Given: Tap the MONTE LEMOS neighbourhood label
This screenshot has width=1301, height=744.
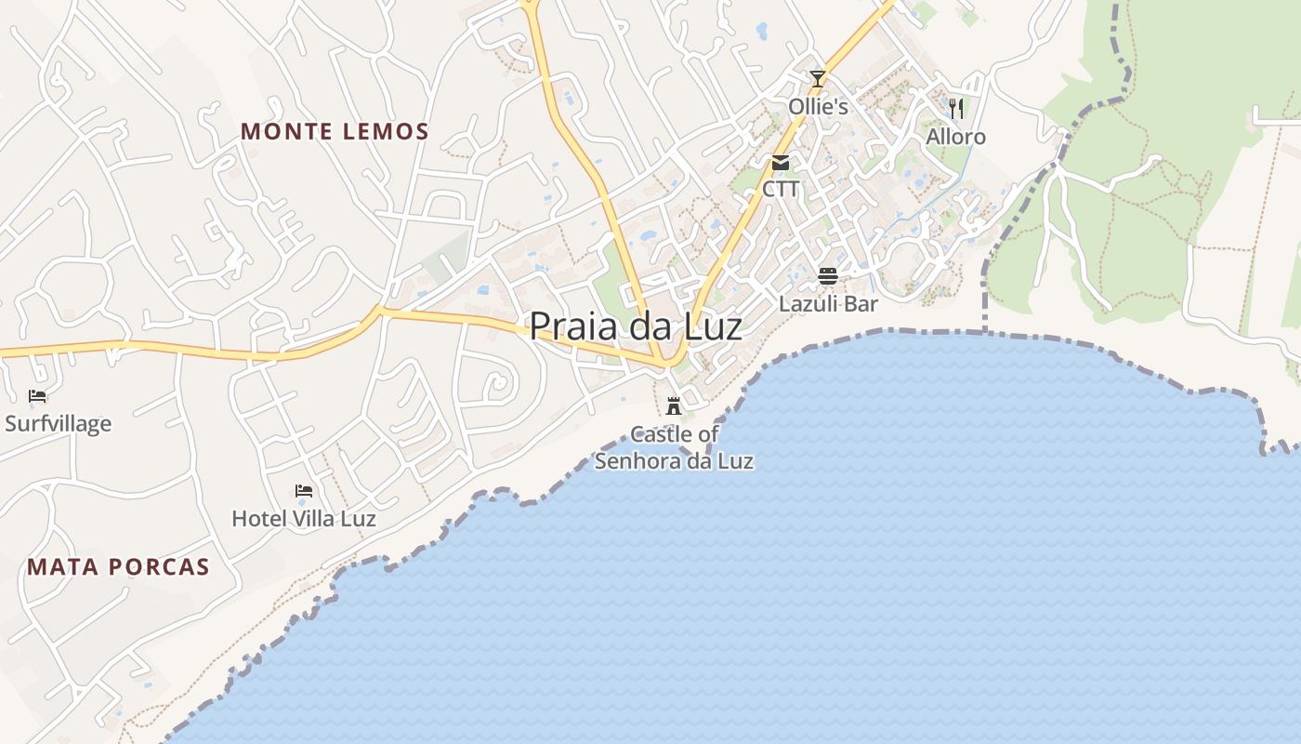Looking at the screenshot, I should click(335, 131).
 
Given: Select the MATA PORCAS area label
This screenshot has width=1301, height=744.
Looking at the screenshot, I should click(118, 566).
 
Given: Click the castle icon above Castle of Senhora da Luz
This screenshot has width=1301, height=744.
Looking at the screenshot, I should click(674, 406).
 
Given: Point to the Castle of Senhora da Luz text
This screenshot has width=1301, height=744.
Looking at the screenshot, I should click(674, 447).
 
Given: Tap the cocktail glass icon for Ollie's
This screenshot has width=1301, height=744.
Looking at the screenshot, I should click(818, 79).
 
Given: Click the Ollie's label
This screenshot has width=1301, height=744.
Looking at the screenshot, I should click(818, 107).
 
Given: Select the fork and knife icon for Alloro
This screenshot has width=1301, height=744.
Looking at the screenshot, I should click(956, 109).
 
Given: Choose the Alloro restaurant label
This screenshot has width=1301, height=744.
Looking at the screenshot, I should click(955, 137).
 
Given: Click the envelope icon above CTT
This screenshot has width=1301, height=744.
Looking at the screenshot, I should click(781, 163).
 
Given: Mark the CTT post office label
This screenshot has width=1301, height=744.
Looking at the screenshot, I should click(781, 189).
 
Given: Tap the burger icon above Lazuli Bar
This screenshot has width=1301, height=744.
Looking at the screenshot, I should click(828, 275).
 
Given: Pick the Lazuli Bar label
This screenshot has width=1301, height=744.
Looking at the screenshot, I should click(828, 303).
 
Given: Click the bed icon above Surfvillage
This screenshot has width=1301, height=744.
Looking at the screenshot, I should click(37, 396).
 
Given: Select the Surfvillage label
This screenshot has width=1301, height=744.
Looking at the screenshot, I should click(58, 424).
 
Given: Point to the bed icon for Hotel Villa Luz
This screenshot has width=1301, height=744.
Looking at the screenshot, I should click(304, 491).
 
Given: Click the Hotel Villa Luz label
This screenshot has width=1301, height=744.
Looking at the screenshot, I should click(304, 518).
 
